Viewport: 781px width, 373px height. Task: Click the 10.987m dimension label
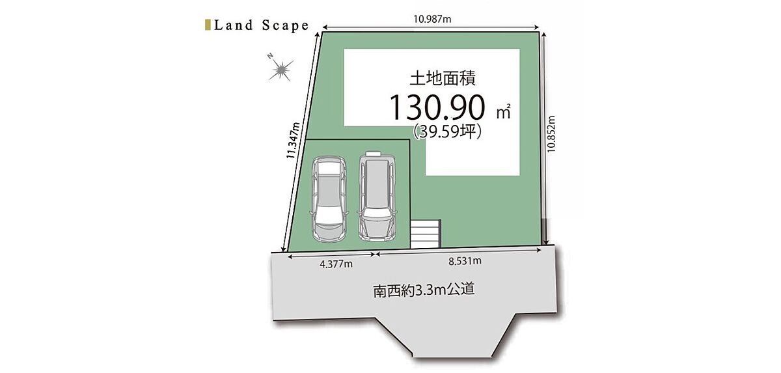(x=432, y=19)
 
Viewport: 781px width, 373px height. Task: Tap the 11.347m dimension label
(x=293, y=141)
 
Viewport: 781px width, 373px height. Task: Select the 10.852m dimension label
(x=551, y=134)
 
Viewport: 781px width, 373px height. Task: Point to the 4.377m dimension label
(x=336, y=264)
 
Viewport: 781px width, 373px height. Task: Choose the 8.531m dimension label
(x=465, y=261)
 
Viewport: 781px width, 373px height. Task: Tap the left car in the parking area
(x=329, y=199)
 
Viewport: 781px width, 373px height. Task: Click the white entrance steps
(x=426, y=234)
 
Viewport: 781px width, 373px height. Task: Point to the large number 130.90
(x=437, y=107)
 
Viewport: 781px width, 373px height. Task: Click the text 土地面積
(x=443, y=78)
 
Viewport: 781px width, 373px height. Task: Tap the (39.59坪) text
(x=448, y=132)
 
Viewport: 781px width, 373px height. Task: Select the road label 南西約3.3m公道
(x=424, y=290)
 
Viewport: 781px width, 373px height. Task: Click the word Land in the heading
(x=234, y=25)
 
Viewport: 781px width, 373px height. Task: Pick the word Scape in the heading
(x=286, y=26)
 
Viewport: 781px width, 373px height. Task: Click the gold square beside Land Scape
(x=208, y=25)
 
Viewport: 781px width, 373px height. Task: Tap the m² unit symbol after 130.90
(x=504, y=111)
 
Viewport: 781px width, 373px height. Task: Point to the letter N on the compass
(x=270, y=56)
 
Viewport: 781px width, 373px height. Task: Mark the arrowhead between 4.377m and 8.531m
(x=375, y=254)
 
